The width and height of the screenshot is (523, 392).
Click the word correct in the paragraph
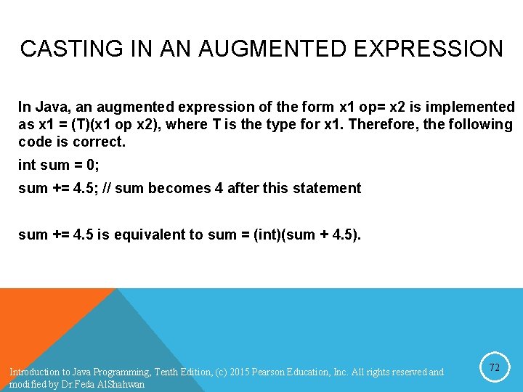pyautogui.click(x=99, y=142)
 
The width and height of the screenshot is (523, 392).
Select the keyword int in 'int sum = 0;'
pyautogui.click(x=26, y=165)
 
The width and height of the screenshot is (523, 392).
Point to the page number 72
pyautogui.click(x=494, y=368)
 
